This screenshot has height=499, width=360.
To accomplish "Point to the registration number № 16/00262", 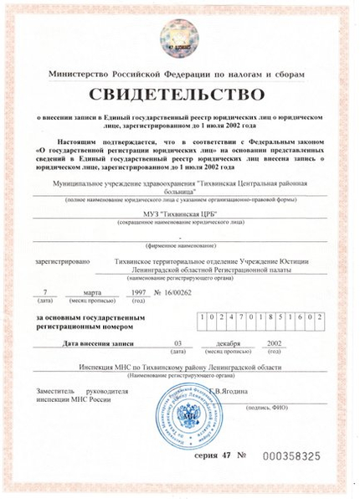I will click(173, 293).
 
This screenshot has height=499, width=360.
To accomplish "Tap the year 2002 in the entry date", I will click(274, 343).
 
